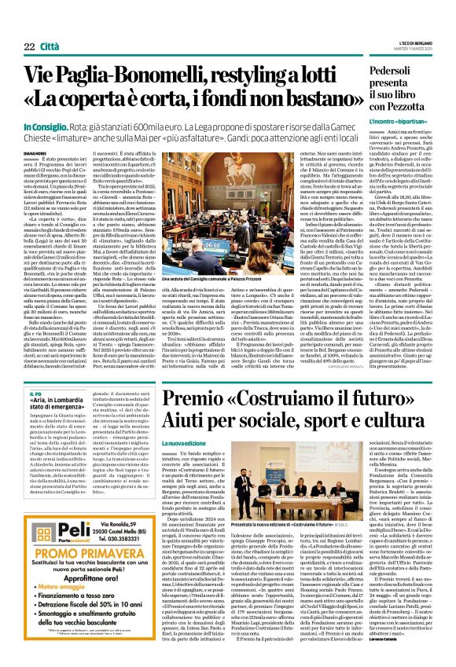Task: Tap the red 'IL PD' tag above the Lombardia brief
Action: click(x=34, y=391)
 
